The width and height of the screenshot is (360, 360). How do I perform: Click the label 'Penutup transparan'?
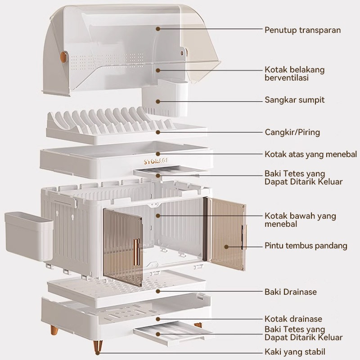[302, 30]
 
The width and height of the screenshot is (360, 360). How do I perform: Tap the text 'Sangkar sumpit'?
[294, 99]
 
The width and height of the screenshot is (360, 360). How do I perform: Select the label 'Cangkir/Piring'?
[292, 132]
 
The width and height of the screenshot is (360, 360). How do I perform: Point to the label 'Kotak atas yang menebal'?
[310, 154]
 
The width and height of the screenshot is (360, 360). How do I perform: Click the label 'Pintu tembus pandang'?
[306, 246]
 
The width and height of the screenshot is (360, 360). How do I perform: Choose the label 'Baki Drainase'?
[290, 292]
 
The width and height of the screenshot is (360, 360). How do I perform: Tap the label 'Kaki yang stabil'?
[295, 352]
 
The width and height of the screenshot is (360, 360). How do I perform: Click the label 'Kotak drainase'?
[293, 319]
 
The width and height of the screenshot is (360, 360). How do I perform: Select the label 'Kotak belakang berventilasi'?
[294, 74]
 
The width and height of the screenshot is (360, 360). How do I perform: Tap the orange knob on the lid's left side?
[62, 57]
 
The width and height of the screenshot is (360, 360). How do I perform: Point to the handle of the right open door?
[243, 237]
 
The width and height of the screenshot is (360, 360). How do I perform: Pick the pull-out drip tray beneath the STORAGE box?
[165, 171]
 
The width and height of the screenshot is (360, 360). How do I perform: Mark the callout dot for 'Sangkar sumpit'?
[158, 99]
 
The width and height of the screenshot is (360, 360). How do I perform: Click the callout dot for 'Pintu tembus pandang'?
[227, 246]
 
